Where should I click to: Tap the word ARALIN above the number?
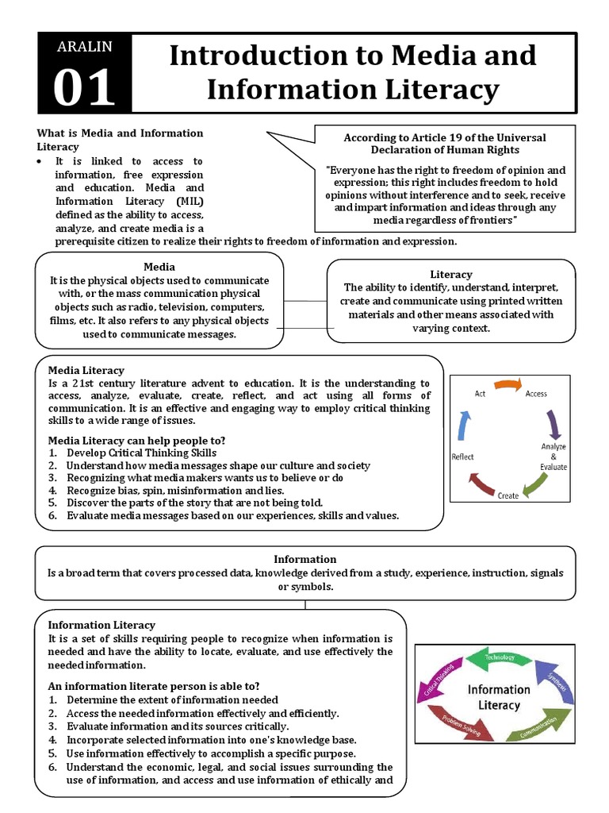point(84,47)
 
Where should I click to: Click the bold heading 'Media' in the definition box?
point(159,267)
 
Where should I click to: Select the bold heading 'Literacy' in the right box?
point(450,274)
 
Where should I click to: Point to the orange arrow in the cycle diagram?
point(507,385)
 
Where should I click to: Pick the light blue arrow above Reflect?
point(465,427)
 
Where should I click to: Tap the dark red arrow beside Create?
point(483,483)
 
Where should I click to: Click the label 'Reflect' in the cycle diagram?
point(463,457)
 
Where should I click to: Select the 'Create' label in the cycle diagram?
point(508,495)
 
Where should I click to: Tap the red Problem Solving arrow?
point(456,725)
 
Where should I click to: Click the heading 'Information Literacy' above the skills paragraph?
point(101,625)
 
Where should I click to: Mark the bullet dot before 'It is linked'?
point(40,161)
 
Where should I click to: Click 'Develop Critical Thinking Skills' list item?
point(140,453)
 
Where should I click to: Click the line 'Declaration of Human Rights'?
point(444,149)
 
